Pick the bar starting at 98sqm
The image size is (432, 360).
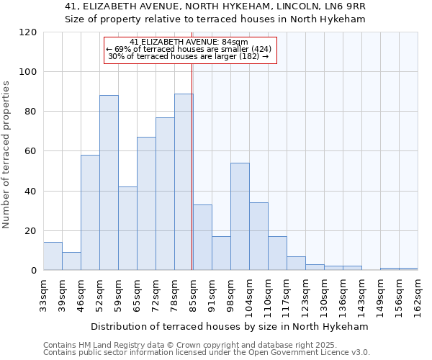tap(240, 217)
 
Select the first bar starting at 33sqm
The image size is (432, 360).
tap(53, 256)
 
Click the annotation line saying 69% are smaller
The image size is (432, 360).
tap(189, 49)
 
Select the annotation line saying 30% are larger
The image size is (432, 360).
tap(189, 56)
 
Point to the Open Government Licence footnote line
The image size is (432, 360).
tap(207, 353)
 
